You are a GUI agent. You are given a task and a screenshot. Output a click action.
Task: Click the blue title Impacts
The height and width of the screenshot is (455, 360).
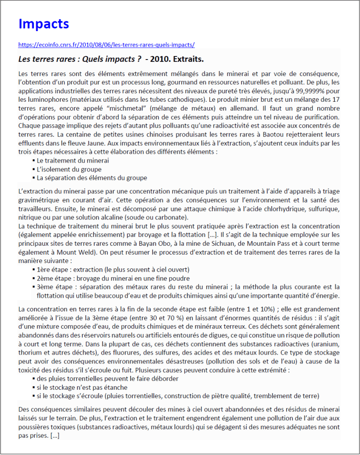(x=44, y=24)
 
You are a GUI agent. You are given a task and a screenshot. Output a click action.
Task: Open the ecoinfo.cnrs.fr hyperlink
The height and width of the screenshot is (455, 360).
(x=106, y=45)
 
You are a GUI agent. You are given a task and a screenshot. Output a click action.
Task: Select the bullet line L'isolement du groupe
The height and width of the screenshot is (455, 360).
(x=69, y=169)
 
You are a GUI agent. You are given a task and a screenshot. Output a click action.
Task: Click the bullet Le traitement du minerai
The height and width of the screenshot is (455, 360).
(x=73, y=160)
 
